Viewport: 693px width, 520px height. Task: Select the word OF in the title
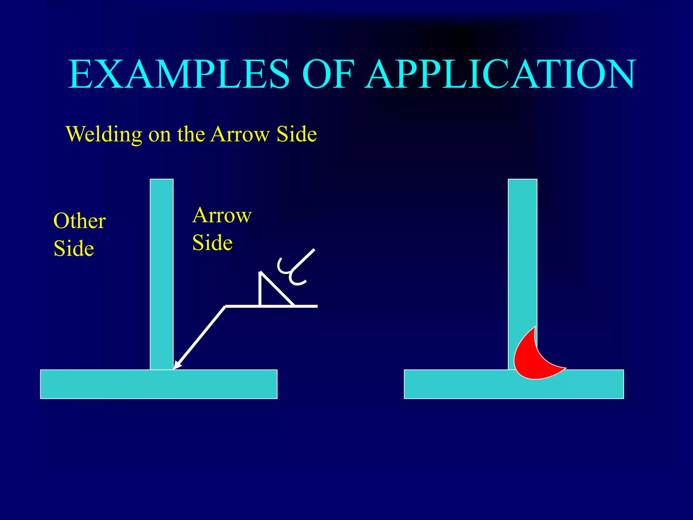coord(328,74)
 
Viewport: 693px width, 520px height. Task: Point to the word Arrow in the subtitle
coord(240,134)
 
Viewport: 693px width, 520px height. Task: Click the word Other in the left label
coord(80,221)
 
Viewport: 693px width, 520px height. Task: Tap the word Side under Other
coord(74,248)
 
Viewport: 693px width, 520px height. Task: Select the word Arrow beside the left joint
coord(222,215)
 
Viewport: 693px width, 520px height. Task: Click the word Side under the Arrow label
coord(213,243)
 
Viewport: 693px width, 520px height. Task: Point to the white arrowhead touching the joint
coord(177,365)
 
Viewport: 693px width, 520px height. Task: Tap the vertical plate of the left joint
coord(162,271)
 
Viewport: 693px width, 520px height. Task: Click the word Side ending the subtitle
coord(297,134)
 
